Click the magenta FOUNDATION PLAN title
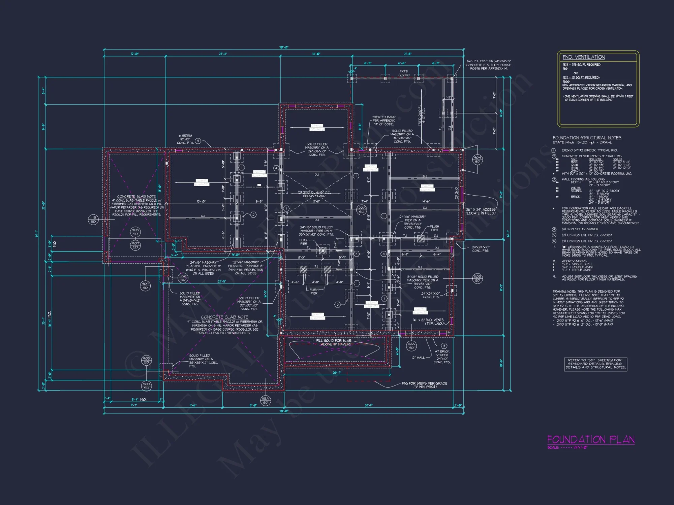coord(591,440)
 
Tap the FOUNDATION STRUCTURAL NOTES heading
coord(587,138)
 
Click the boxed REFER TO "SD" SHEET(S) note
coord(595,364)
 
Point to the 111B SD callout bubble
coord(93,220)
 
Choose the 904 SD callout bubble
coord(478,160)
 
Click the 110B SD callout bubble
coord(477,278)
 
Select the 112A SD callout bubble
coord(411,346)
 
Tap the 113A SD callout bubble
coord(266,400)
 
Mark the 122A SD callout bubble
coord(362,210)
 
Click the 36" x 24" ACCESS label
coord(481,211)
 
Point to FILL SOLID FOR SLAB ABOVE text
coord(334,342)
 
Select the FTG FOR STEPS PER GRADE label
coord(424,385)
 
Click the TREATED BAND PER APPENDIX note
coord(384,121)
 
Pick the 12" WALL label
coord(418,358)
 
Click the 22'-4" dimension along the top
coord(223,54)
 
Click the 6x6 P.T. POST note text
coord(488,65)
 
